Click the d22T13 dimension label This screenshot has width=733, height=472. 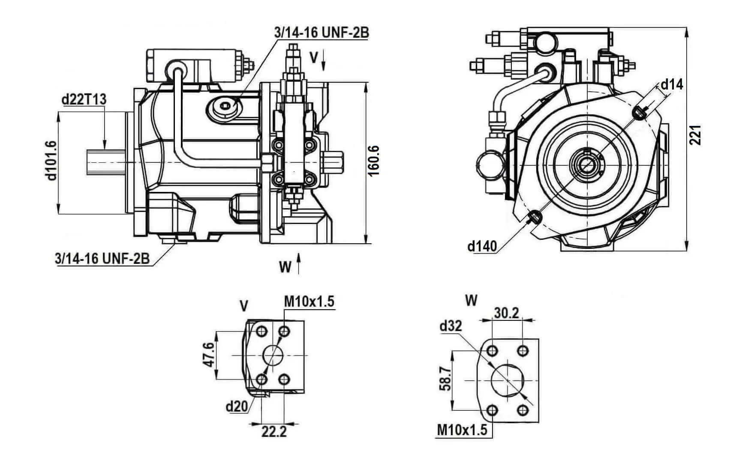pyautogui.click(x=84, y=99)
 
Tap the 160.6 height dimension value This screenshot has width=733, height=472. pyautogui.click(x=374, y=161)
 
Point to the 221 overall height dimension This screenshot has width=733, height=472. pyautogui.click(x=696, y=135)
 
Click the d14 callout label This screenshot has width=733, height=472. pyautogui.click(x=672, y=84)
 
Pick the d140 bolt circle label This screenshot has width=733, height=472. pyautogui.click(x=482, y=246)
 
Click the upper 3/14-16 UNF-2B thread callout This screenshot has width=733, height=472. pyautogui.click(x=321, y=33)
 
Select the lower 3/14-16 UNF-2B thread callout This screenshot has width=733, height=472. pyautogui.click(x=102, y=258)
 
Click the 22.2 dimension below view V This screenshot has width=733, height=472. pyautogui.click(x=274, y=432)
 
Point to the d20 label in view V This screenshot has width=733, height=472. pyautogui.click(x=237, y=406)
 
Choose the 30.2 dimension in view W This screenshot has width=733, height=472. pyautogui.click(x=507, y=313)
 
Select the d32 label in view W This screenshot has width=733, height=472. pyautogui.click(x=451, y=326)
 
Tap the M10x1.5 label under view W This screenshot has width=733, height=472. pyautogui.click(x=462, y=430)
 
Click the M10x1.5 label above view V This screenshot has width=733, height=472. pyautogui.click(x=309, y=302)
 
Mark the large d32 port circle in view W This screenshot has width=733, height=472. pyautogui.click(x=508, y=380)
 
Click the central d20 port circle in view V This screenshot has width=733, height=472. pyautogui.click(x=273, y=355)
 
